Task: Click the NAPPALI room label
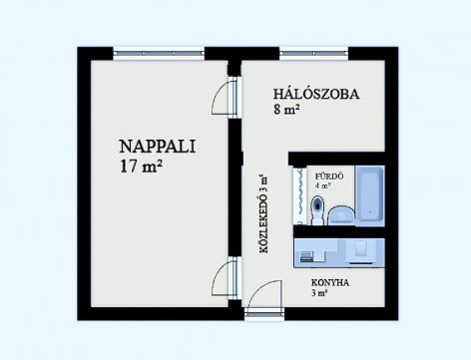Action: (157, 147)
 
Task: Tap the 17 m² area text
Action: (141, 166)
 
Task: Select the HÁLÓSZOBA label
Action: (316, 94)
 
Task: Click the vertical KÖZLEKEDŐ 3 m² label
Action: (263, 213)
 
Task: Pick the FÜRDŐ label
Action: (329, 177)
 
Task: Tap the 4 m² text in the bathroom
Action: (323, 185)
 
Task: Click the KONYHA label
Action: (330, 283)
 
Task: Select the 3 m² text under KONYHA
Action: (318, 293)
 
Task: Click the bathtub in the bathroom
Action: (370, 195)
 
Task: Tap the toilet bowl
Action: (317, 210)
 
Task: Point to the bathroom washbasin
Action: (341, 215)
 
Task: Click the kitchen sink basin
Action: (361, 248)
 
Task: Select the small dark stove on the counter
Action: (306, 257)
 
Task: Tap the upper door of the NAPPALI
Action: (225, 97)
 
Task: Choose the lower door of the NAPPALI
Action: (225, 278)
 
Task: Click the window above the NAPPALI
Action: (159, 53)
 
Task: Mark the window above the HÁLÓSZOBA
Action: (313, 53)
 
